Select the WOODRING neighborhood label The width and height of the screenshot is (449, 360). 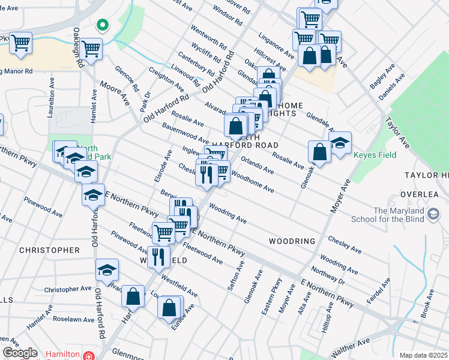pyautogui.click(x=292, y=241)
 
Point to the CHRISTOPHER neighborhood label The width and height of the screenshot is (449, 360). pyautogui.click(x=49, y=250)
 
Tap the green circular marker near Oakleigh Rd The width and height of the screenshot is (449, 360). pyautogui.click(x=103, y=25)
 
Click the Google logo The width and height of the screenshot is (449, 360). pyautogui.click(x=20, y=353)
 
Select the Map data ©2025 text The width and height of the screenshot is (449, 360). pyautogui.click(x=423, y=355)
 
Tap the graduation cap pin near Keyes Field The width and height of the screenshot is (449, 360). pyautogui.click(x=340, y=143)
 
